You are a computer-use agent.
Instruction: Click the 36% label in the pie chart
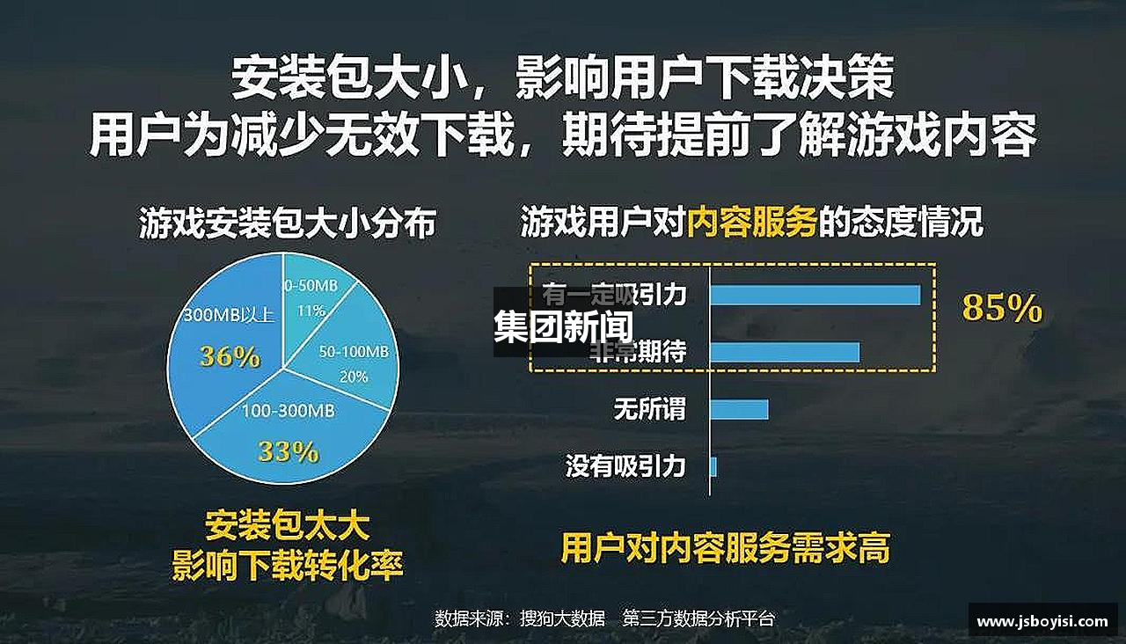230,356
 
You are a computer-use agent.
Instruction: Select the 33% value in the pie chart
288,451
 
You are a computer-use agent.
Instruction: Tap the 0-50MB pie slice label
309,286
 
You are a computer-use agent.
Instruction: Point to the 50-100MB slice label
354,351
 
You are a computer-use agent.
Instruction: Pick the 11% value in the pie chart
311,311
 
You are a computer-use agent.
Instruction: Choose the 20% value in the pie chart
354,377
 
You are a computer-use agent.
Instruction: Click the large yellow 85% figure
1002,309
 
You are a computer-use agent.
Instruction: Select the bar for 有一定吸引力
815,295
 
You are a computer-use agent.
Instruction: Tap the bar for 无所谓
739,409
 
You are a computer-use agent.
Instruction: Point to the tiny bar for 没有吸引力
713,466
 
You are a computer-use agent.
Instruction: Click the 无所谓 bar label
649,409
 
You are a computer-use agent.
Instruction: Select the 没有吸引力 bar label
625,466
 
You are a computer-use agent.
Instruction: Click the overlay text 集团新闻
563,327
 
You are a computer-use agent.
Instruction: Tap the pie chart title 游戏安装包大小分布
288,223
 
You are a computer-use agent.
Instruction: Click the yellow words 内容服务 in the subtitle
752,223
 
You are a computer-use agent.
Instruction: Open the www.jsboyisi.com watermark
1042,621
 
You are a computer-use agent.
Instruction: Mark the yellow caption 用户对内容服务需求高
726,547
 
